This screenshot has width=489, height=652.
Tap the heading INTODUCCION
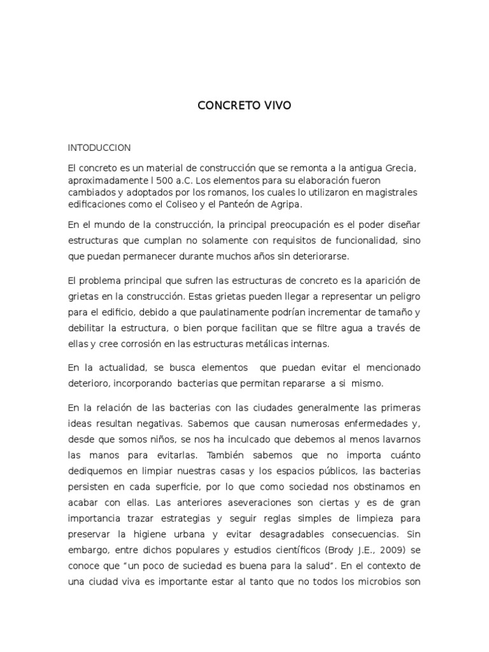point(99,148)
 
